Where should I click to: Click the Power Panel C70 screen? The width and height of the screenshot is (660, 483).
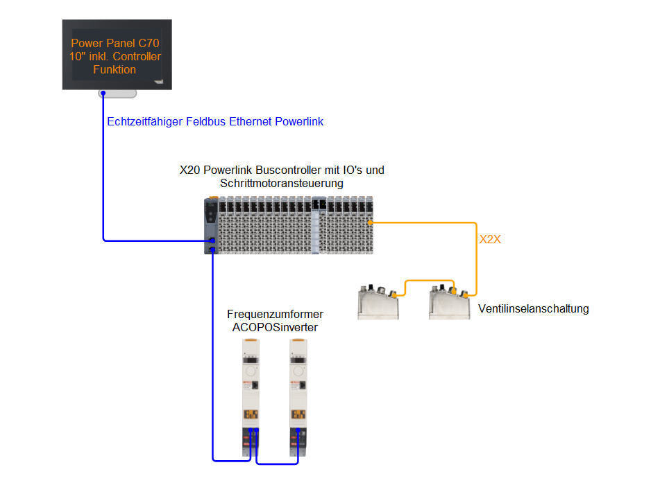(x=117, y=54)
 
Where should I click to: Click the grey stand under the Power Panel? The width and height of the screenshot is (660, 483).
(x=118, y=94)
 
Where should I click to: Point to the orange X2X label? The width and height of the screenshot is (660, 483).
(x=490, y=240)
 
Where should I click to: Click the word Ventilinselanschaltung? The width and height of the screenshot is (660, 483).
(x=533, y=308)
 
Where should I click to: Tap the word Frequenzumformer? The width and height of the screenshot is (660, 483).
(x=275, y=315)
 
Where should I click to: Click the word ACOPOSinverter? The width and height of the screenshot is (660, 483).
(x=275, y=327)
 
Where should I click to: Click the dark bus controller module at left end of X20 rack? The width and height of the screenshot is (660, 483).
(x=212, y=226)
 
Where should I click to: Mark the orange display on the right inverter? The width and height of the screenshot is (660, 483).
(x=300, y=415)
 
